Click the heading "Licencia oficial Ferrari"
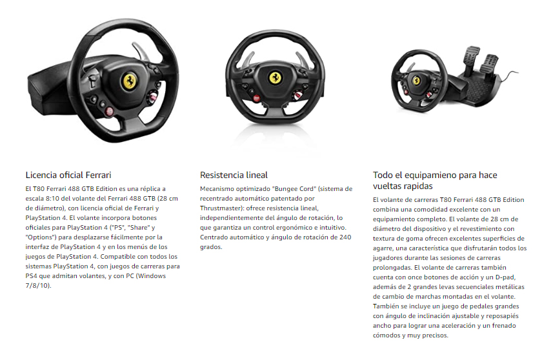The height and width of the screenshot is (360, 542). (68, 175)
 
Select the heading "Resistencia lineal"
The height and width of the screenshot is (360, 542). (234, 175)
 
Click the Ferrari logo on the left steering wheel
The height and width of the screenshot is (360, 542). (129, 81)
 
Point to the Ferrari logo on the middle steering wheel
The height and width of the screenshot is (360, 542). (276, 77)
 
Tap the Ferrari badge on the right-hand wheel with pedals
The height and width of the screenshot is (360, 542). (417, 81)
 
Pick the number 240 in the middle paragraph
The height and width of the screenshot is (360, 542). (345, 237)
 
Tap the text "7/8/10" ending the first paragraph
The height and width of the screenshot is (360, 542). (37, 286)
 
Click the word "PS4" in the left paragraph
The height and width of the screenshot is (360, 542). (32, 276)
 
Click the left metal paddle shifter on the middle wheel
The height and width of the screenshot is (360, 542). (246, 61)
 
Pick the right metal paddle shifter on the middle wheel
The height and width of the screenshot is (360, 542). (302, 59)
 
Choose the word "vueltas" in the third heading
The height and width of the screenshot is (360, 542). (385, 186)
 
